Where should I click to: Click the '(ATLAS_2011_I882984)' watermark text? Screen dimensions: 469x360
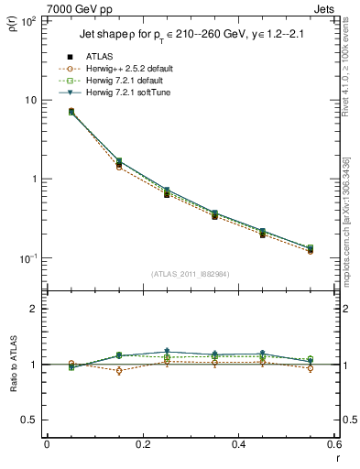(190, 274)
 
